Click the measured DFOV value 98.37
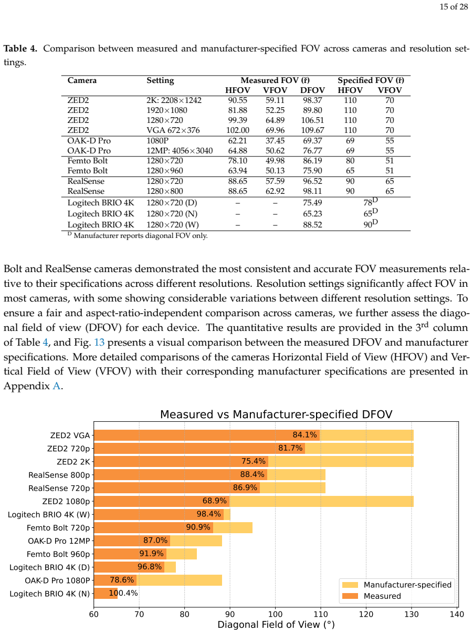312,100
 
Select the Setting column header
160,80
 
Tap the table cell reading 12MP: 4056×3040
180,151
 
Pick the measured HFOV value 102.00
237,130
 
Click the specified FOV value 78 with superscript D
371,202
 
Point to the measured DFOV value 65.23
312,214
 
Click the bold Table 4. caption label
20,48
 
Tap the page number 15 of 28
454,7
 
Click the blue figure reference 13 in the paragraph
99,343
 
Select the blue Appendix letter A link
57,386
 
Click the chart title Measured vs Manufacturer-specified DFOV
276,414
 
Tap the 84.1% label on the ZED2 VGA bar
304,434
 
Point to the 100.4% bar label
123,593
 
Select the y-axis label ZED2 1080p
66,502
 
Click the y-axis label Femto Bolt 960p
58,554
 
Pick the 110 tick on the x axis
321,614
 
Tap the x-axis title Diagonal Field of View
276,625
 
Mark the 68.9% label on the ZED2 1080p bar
214,501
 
